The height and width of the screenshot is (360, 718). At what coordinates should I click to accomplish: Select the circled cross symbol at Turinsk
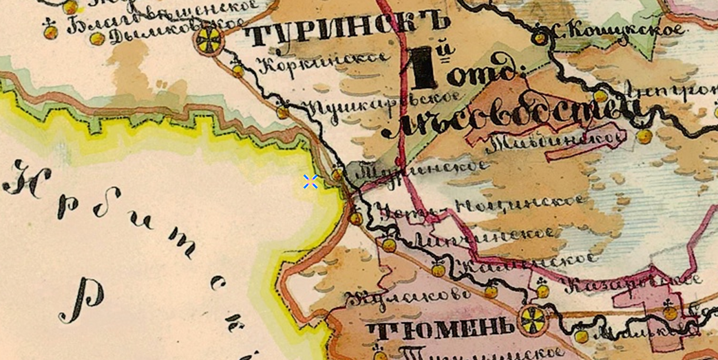(x=209, y=41)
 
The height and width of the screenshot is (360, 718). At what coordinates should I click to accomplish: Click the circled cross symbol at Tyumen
(x=531, y=318)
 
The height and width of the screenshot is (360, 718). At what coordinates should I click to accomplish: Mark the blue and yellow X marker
(x=310, y=181)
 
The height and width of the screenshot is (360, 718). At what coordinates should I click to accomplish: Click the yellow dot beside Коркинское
(x=238, y=70)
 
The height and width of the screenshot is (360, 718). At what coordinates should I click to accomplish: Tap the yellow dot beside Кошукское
(x=538, y=39)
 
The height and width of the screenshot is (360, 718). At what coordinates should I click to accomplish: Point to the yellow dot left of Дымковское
(x=98, y=39)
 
